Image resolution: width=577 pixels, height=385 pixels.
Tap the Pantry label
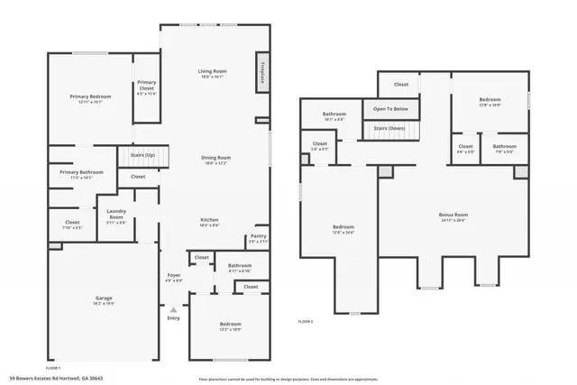pos(258,236)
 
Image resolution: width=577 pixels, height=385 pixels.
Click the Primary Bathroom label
pos(82,172)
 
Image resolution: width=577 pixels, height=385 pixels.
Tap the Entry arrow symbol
pos(173,310)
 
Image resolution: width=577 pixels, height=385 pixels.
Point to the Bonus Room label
pos(453,215)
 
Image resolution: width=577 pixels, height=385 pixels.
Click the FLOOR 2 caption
pos(306,321)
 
